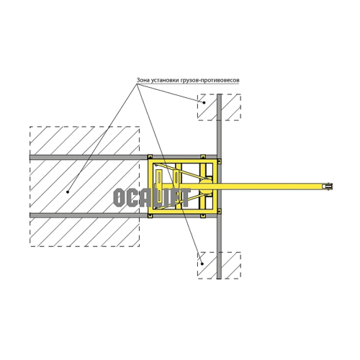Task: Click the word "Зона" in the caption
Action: [x=143, y=80]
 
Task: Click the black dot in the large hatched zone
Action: [x=68, y=192]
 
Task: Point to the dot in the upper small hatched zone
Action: [x=204, y=102]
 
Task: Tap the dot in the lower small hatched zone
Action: [x=202, y=264]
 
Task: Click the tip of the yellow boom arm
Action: [x=332, y=186]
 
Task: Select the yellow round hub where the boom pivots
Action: [x=206, y=186]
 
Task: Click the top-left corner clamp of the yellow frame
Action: [x=150, y=157]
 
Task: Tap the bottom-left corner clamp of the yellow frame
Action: [x=150, y=216]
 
